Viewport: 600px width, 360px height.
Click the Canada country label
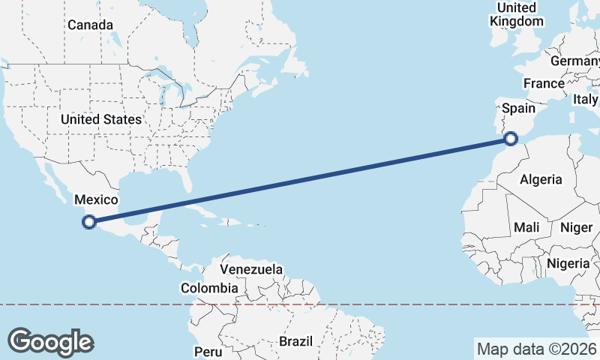point(90,25)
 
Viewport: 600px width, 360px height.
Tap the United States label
point(100,119)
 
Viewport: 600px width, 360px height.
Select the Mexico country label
point(96,199)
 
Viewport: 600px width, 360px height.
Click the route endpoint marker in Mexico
point(89,221)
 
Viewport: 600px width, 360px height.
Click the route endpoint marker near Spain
point(511,138)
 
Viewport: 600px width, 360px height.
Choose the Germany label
point(574,61)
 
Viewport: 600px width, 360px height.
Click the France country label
point(544,83)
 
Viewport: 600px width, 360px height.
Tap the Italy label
point(585,99)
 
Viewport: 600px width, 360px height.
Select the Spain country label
point(518,109)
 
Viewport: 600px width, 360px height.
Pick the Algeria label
point(541,179)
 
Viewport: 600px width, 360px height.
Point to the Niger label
point(576,227)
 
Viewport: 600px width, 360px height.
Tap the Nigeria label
point(568,263)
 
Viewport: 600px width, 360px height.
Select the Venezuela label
point(251,269)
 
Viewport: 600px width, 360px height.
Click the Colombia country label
point(209,288)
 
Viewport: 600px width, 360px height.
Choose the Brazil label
point(295,341)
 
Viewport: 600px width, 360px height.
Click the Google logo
point(50,342)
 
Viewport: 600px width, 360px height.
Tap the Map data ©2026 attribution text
point(536,349)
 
